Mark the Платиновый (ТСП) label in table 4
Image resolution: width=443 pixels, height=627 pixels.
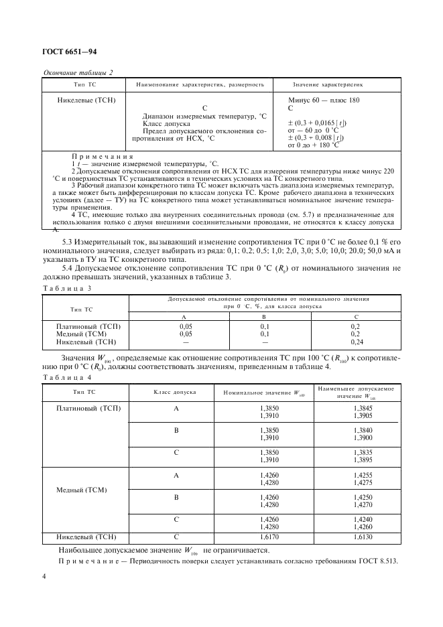[88, 408]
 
